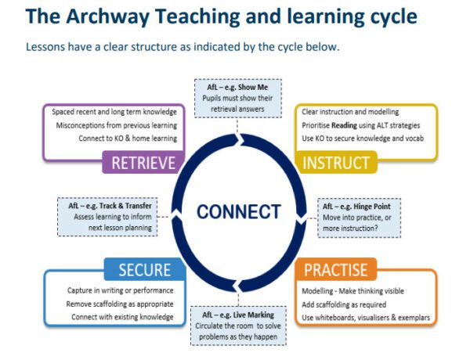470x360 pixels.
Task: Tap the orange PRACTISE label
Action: point(334,270)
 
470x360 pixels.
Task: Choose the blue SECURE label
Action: point(145,270)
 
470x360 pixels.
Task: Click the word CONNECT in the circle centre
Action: point(238,211)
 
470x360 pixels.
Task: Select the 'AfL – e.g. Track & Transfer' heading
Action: point(110,206)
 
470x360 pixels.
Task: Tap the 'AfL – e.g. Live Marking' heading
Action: point(238,315)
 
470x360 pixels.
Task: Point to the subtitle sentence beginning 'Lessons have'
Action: point(183,46)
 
